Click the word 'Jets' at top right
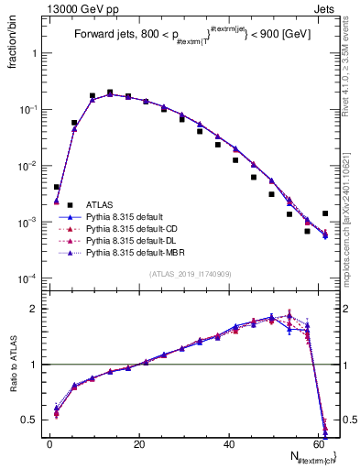tap(326, 7)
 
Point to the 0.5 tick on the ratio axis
tap(32, 420)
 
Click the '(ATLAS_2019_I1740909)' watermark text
tap(190, 274)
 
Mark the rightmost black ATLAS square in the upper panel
tap(325, 213)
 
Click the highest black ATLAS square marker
tap(110, 93)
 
